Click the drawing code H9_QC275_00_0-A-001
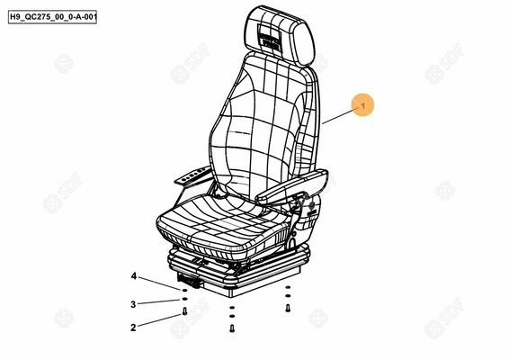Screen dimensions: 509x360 pyautogui.click(x=52, y=16)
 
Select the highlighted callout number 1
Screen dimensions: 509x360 pyautogui.click(x=362, y=105)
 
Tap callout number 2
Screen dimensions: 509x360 pyautogui.click(x=133, y=328)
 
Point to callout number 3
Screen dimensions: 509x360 pyautogui.click(x=133, y=304)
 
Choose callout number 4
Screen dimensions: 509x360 pyautogui.click(x=134, y=276)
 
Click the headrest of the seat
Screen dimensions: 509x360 pyautogui.click(x=279, y=35)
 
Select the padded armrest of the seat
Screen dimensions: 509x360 pyautogui.click(x=291, y=187)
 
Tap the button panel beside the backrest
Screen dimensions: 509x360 pyautogui.click(x=194, y=175)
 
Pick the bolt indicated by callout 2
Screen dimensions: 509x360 pyautogui.click(x=184, y=311)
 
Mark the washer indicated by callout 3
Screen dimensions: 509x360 pyautogui.click(x=184, y=299)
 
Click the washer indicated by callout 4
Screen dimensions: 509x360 pyautogui.click(x=184, y=290)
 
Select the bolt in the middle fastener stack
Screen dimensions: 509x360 pyautogui.click(x=232, y=328)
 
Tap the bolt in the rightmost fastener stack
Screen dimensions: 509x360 pyautogui.click(x=288, y=308)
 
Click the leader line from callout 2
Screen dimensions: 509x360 pyautogui.click(x=159, y=320)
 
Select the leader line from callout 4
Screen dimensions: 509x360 pyautogui.click(x=159, y=283)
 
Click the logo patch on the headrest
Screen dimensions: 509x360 pyautogui.click(x=270, y=37)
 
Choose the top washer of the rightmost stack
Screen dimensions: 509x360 pyautogui.click(x=288, y=287)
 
